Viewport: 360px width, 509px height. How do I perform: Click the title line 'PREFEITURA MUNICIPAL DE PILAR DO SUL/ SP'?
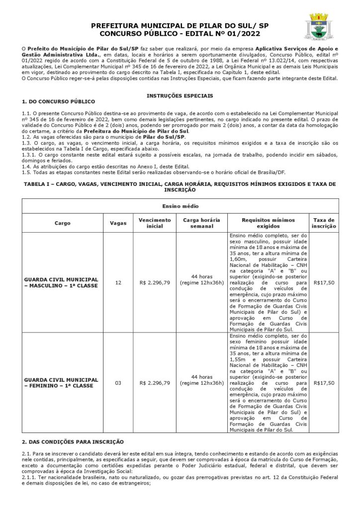click(x=180, y=25)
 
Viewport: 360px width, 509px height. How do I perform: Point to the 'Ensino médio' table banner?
click(x=180, y=206)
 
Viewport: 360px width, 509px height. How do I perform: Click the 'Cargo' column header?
click(x=62, y=223)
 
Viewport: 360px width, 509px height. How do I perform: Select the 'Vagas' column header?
click(x=118, y=223)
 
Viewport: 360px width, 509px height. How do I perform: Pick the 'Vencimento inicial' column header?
click(x=155, y=223)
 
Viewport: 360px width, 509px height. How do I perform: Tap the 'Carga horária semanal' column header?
click(x=201, y=223)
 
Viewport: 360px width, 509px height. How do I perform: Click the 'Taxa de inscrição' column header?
click(x=323, y=223)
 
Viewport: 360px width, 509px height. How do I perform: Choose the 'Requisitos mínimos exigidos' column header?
click(x=268, y=223)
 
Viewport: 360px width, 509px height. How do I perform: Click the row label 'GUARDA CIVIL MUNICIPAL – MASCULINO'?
click(x=61, y=282)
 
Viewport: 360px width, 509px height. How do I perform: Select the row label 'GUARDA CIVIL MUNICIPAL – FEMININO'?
click(x=61, y=383)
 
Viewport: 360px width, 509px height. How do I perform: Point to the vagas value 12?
click(x=118, y=282)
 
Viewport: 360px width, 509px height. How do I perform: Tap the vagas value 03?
click(x=118, y=383)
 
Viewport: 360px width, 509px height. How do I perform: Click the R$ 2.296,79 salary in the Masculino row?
click(x=155, y=282)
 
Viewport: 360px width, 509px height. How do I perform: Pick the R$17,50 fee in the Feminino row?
click(x=324, y=383)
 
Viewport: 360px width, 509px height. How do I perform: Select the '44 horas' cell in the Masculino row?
click(x=201, y=279)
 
